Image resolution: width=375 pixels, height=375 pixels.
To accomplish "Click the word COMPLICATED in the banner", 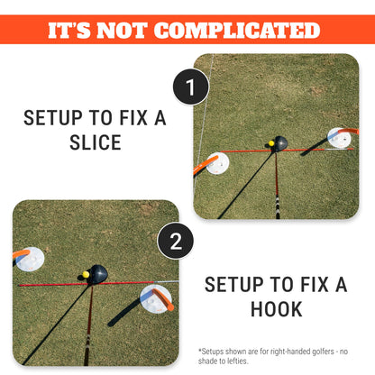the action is (x=238, y=31).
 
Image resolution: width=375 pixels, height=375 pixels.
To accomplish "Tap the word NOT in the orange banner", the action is (x=122, y=31).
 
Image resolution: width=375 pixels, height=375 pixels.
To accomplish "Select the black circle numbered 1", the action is (x=191, y=87).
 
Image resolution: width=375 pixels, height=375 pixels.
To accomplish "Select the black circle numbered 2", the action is (x=176, y=241).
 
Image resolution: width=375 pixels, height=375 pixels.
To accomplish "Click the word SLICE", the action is (x=96, y=142).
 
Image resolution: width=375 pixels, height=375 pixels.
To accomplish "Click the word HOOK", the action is (x=277, y=309).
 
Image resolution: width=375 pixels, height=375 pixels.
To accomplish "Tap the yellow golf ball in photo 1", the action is (x=271, y=143).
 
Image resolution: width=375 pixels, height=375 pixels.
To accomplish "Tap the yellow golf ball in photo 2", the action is (x=86, y=274).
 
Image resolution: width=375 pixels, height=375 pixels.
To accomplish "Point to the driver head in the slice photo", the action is (x=280, y=144).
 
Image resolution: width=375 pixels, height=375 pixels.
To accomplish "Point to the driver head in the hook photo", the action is (x=97, y=274).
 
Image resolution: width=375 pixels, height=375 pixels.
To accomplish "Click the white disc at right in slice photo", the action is (x=339, y=138).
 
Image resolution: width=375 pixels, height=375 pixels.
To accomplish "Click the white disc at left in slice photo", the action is (x=217, y=163).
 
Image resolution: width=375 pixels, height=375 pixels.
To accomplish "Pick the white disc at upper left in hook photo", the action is (x=30, y=259).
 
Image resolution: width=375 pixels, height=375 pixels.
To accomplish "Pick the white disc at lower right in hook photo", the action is (x=156, y=299).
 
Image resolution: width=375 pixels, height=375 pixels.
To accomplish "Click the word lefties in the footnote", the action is (x=237, y=361).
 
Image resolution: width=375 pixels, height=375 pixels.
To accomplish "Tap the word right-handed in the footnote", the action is (x=290, y=352).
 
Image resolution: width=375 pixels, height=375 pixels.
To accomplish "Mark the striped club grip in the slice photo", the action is (x=278, y=206).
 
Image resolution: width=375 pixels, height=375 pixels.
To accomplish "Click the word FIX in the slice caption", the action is (x=133, y=118).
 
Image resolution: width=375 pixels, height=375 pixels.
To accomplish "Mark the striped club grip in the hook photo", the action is (x=87, y=350).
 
